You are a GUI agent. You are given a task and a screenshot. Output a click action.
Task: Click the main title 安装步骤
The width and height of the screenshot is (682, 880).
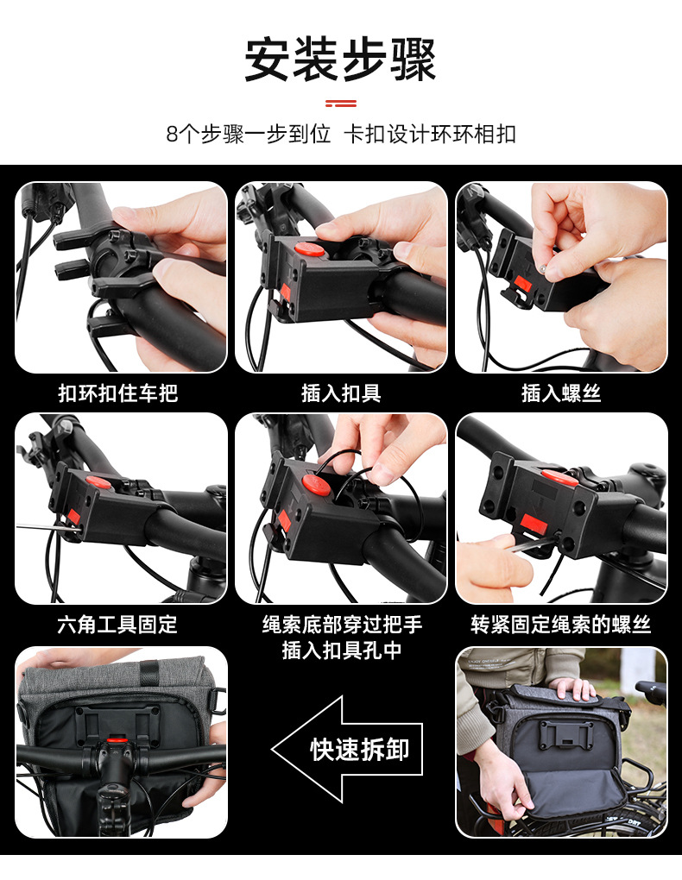click(x=340, y=60)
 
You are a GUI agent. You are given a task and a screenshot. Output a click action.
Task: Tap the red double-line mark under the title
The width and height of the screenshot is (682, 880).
click(x=340, y=104)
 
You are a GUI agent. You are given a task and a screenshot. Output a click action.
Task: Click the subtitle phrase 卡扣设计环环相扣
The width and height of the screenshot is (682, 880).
click(x=430, y=134)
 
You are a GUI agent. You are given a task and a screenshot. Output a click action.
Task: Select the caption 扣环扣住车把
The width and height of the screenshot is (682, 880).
click(x=118, y=393)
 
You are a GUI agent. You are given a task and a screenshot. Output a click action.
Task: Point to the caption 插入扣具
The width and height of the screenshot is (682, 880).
click(x=341, y=393)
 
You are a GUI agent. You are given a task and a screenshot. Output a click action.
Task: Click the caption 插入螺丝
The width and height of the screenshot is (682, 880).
click(x=561, y=393)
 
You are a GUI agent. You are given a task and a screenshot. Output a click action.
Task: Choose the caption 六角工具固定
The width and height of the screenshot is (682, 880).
click(x=117, y=624)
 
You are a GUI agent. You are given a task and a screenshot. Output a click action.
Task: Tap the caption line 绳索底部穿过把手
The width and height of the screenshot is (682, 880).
click(x=342, y=624)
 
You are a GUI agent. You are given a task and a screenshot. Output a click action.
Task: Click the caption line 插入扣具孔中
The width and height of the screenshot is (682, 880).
click(x=342, y=650)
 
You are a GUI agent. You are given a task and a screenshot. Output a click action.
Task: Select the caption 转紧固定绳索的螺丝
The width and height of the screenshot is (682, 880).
click(x=560, y=624)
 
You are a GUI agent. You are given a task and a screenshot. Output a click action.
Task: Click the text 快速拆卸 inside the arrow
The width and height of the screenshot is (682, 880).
click(x=359, y=749)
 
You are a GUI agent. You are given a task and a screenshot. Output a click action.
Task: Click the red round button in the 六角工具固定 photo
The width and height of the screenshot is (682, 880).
click(x=98, y=481)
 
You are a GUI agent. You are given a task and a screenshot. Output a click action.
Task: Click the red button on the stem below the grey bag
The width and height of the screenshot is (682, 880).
click(x=117, y=740)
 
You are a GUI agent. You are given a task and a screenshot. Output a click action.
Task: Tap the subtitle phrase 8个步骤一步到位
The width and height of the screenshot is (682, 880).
click(x=249, y=134)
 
